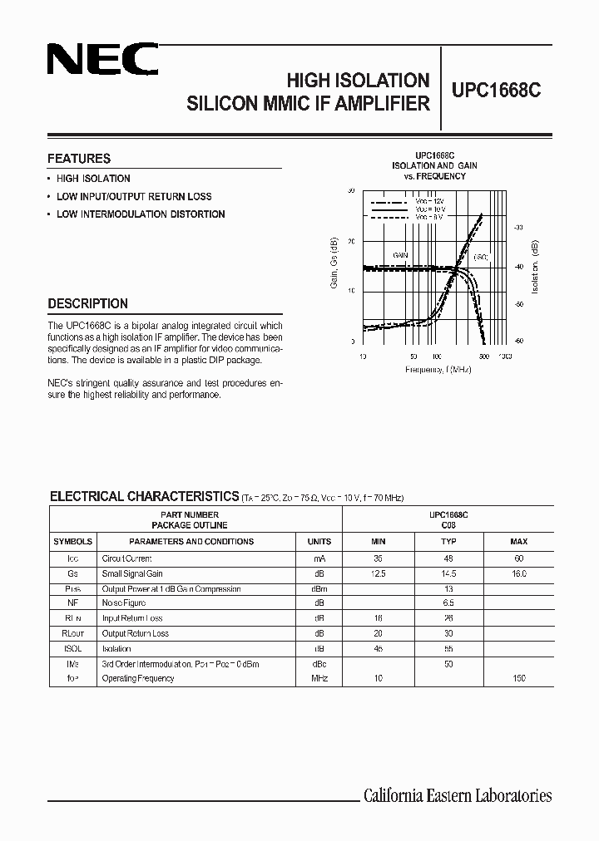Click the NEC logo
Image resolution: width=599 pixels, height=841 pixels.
coord(102,61)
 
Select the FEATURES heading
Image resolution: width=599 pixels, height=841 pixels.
coord(79,159)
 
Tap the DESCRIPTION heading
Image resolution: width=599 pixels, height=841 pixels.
coord(87,304)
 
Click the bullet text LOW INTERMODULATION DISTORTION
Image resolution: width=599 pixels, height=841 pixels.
coord(141,214)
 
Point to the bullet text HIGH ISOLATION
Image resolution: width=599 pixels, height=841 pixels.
coord(93,179)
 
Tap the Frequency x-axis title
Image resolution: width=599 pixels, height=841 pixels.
coord(438,369)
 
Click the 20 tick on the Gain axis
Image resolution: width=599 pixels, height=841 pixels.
coord(351,241)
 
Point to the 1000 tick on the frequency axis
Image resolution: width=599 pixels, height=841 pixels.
coord(504,355)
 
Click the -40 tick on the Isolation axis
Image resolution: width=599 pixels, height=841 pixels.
coord(518,267)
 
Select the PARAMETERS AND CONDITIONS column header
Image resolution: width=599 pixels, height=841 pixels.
coord(191,542)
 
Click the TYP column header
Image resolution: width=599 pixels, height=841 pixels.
coord(448,542)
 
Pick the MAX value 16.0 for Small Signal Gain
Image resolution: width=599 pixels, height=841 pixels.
coord(519,573)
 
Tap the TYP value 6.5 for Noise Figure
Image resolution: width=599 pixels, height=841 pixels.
coord(448,603)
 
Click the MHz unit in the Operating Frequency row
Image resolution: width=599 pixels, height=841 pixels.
coord(319,679)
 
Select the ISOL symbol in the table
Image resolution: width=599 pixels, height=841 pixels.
coord(72,648)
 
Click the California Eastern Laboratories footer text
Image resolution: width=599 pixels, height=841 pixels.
coord(458,796)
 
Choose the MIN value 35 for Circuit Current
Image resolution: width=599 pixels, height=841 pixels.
coord(378,558)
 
